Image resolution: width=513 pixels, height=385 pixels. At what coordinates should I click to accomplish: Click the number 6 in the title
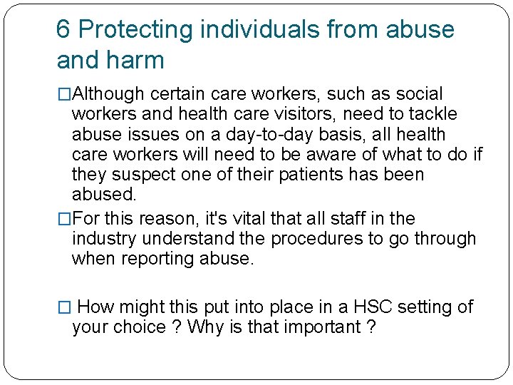[63, 29]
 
